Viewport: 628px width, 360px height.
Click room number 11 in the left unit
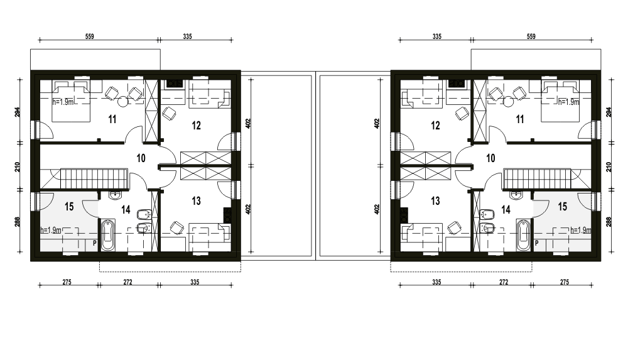click(112, 119)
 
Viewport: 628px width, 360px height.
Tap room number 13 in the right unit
click(435, 200)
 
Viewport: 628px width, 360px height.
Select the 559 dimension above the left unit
click(89, 36)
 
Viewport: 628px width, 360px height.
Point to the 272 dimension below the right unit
click(504, 282)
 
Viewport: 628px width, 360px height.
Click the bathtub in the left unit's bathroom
click(108, 235)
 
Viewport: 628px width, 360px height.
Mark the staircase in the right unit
click(537, 178)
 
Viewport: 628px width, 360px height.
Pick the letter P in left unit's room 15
click(95, 243)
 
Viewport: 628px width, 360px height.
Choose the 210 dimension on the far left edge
click(18, 166)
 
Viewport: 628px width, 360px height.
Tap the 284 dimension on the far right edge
click(609, 112)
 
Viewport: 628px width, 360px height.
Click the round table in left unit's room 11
click(122, 102)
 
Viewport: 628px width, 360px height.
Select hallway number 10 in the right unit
click(490, 158)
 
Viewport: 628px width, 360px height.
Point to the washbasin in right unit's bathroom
click(515, 195)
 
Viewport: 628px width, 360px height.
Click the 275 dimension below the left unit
click(67, 282)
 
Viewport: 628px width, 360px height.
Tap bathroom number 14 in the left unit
click(126, 210)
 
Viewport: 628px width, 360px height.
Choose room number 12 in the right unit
click(435, 126)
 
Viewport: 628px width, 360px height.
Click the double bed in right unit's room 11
click(560, 101)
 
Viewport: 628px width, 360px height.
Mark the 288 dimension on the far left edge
click(18, 222)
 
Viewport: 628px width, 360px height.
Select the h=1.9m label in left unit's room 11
click(63, 102)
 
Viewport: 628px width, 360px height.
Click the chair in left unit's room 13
click(176, 227)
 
